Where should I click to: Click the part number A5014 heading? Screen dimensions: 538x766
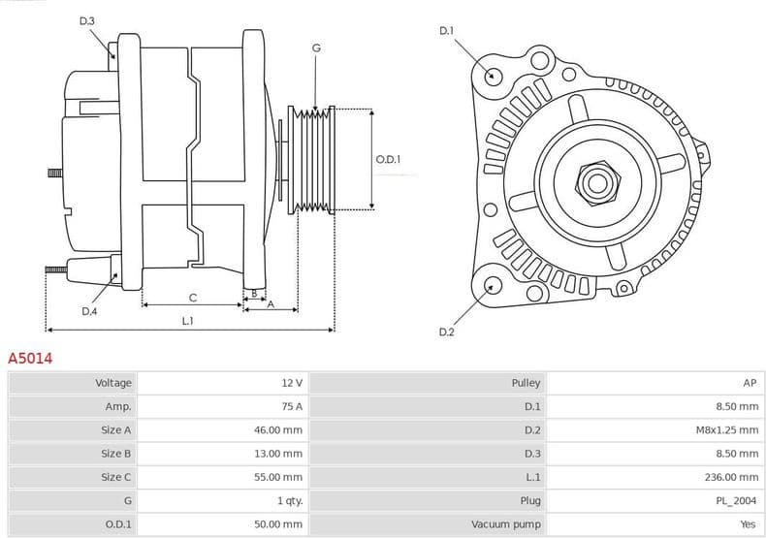tap(30, 359)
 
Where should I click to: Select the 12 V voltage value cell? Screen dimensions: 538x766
tap(291, 383)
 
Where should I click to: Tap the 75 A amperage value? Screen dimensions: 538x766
tap(291, 406)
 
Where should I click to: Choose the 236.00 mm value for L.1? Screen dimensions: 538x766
tap(734, 477)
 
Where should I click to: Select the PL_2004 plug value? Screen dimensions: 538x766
tap(737, 500)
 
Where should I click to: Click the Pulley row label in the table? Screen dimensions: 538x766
tap(526, 383)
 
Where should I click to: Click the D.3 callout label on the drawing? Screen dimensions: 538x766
tap(87, 21)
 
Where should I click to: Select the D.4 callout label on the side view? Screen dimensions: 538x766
tap(89, 311)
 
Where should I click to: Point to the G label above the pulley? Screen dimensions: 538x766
tap(316, 48)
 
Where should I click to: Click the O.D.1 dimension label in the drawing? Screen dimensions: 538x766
tap(388, 159)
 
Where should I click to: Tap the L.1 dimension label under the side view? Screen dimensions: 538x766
tap(187, 321)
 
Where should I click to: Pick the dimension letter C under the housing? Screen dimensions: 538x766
tap(192, 298)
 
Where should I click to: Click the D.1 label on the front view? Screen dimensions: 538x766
tap(446, 31)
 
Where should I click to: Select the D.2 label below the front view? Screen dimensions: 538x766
tap(446, 332)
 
